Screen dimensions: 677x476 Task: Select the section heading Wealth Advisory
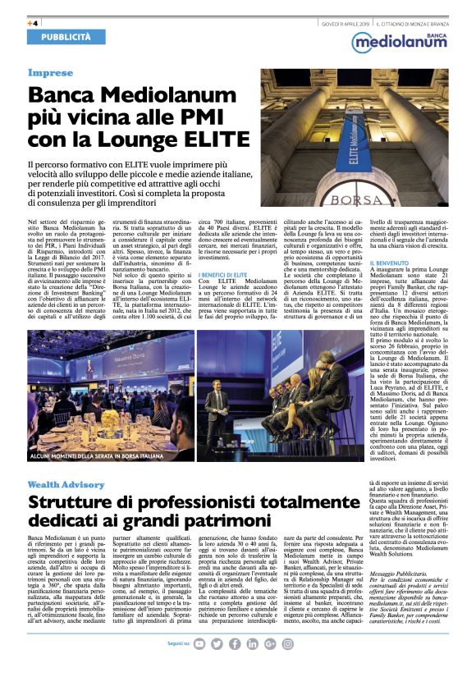pos(66,485)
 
